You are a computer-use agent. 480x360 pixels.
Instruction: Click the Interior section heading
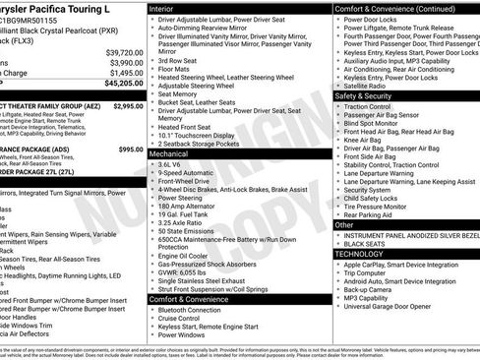162,8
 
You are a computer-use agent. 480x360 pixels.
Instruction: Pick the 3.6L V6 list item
172,165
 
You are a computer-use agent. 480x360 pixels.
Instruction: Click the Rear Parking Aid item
375,214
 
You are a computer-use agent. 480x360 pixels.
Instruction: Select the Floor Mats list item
175,70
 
